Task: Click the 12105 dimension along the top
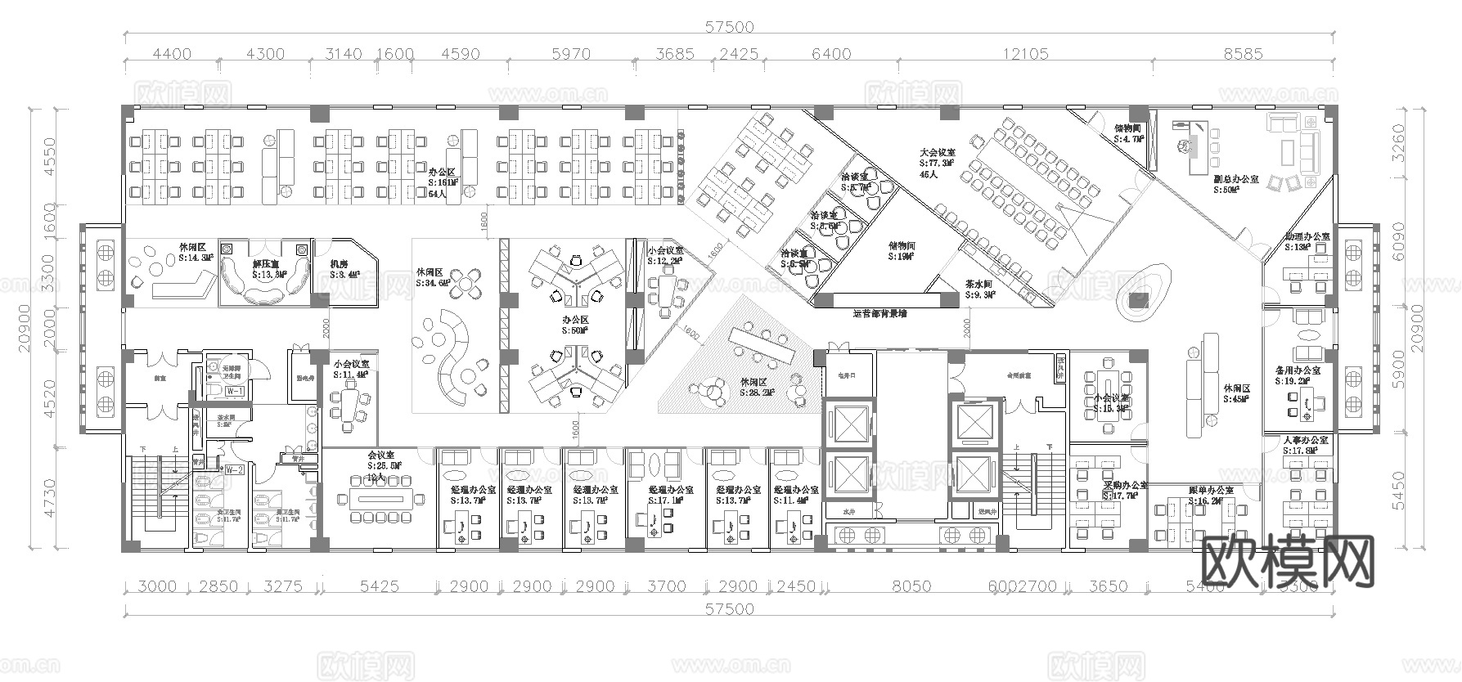point(1025,55)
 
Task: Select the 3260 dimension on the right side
point(1442,144)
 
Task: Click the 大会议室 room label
point(937,152)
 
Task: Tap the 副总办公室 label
point(1235,179)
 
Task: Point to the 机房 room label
point(339,264)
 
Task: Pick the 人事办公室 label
point(1306,441)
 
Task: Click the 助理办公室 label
point(1307,237)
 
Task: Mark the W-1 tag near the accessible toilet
point(236,392)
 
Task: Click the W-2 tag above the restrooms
point(235,469)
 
